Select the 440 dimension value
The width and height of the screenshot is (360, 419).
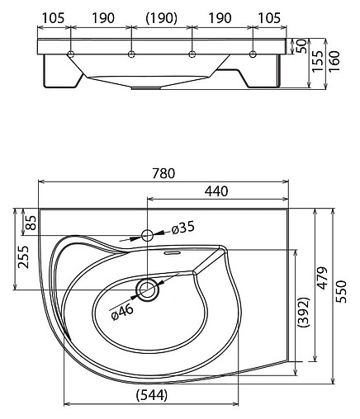click(216, 191)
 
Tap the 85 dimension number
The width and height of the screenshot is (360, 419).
click(31, 222)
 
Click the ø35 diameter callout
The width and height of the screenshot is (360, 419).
click(180, 227)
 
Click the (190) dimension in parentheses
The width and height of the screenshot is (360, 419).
click(161, 16)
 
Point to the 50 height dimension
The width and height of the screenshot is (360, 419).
click(301, 44)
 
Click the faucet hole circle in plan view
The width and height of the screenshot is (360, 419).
click(148, 235)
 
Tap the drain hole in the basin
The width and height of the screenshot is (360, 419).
click(148, 289)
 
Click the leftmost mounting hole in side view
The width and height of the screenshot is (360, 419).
click(73, 54)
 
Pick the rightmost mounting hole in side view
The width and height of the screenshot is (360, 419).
click(253, 54)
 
